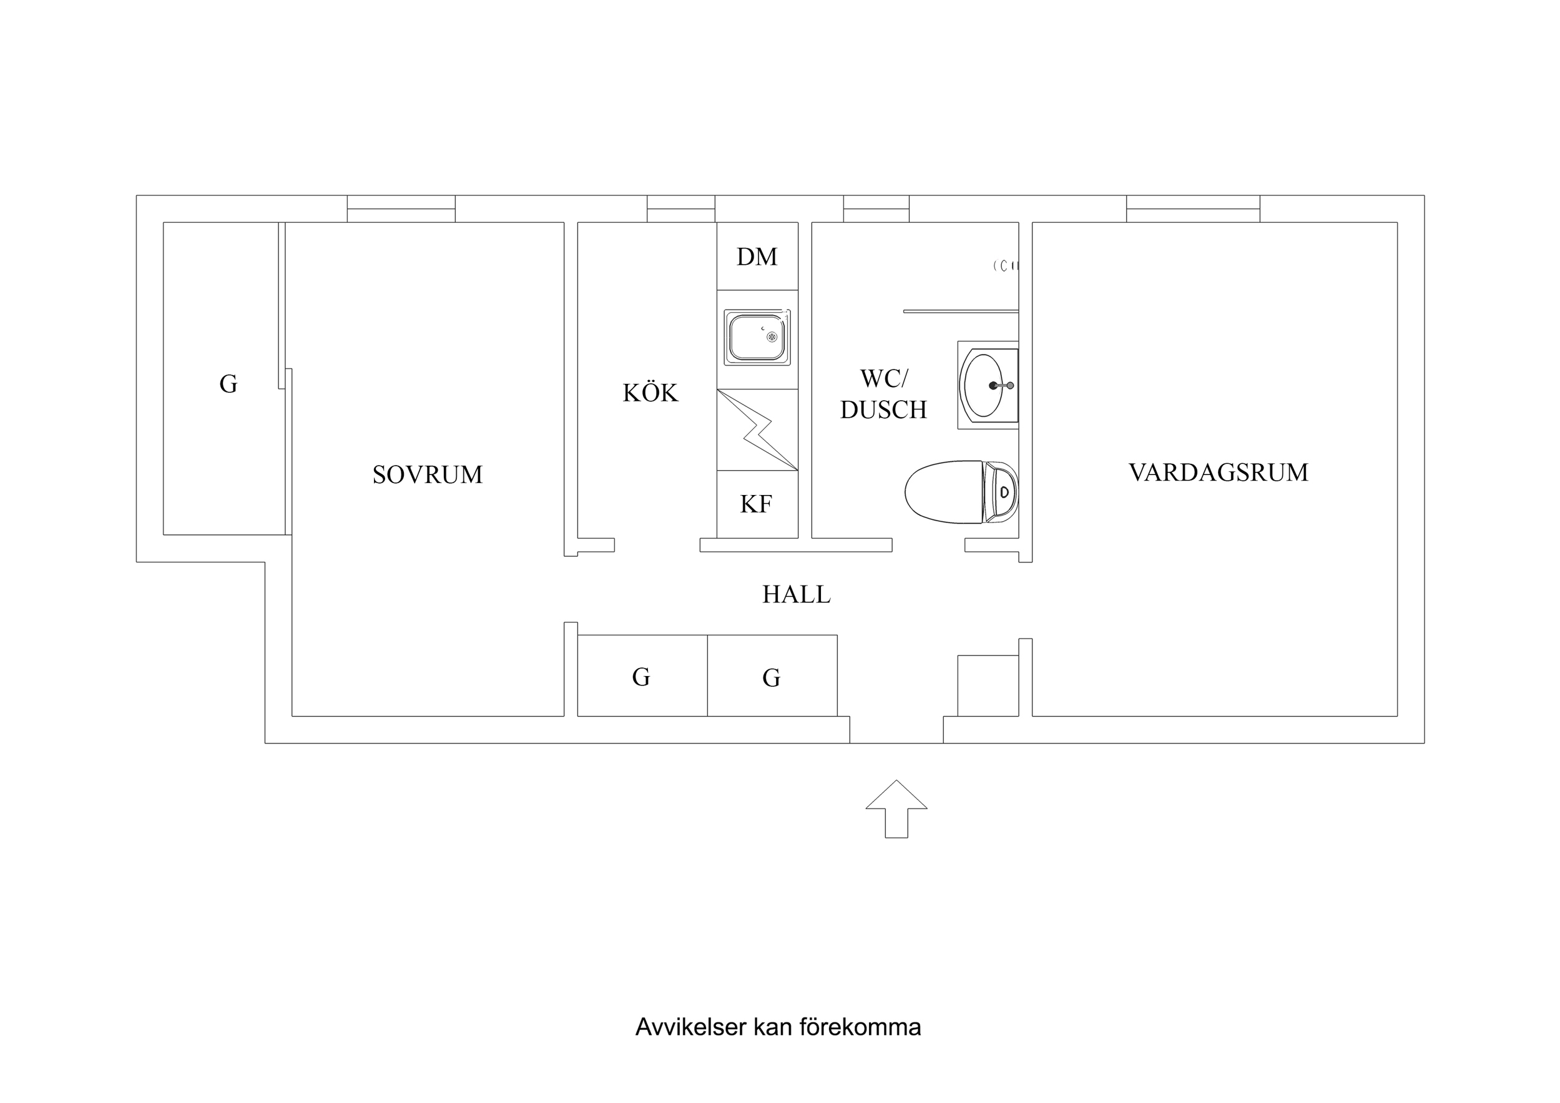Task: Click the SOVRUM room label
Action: (428, 474)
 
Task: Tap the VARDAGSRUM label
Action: (1219, 473)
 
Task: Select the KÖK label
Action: (650, 393)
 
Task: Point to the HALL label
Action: (797, 595)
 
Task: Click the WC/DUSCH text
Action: (883, 394)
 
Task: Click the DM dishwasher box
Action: (757, 256)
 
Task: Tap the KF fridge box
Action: (757, 504)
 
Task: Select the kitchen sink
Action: (757, 337)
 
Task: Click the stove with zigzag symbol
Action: (757, 429)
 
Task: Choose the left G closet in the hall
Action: (641, 676)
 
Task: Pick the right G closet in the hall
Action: (772, 676)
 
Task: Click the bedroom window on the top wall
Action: (401, 208)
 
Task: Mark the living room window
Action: (1193, 208)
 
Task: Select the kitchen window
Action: (681, 208)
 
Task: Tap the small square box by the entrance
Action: (988, 686)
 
